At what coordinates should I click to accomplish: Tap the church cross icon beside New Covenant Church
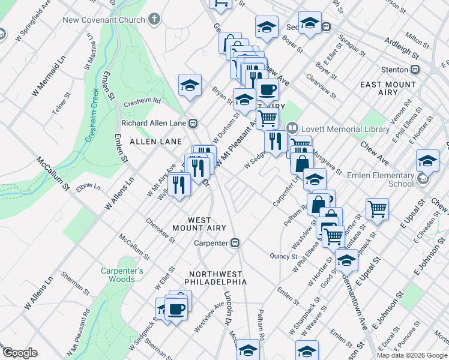pyautogui.click(x=154, y=19)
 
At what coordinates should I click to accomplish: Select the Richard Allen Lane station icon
pyautogui.click(x=193, y=124)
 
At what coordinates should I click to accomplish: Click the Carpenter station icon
pyautogui.click(x=236, y=243)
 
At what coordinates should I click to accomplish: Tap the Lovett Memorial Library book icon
pyautogui.click(x=292, y=128)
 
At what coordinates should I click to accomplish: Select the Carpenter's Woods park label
pyautogui.click(x=122, y=275)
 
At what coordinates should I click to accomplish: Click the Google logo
pyautogui.click(x=20, y=353)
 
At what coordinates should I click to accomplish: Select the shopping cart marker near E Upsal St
pyautogui.click(x=377, y=209)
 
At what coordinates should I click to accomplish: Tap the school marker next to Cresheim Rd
pyautogui.click(x=190, y=85)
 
